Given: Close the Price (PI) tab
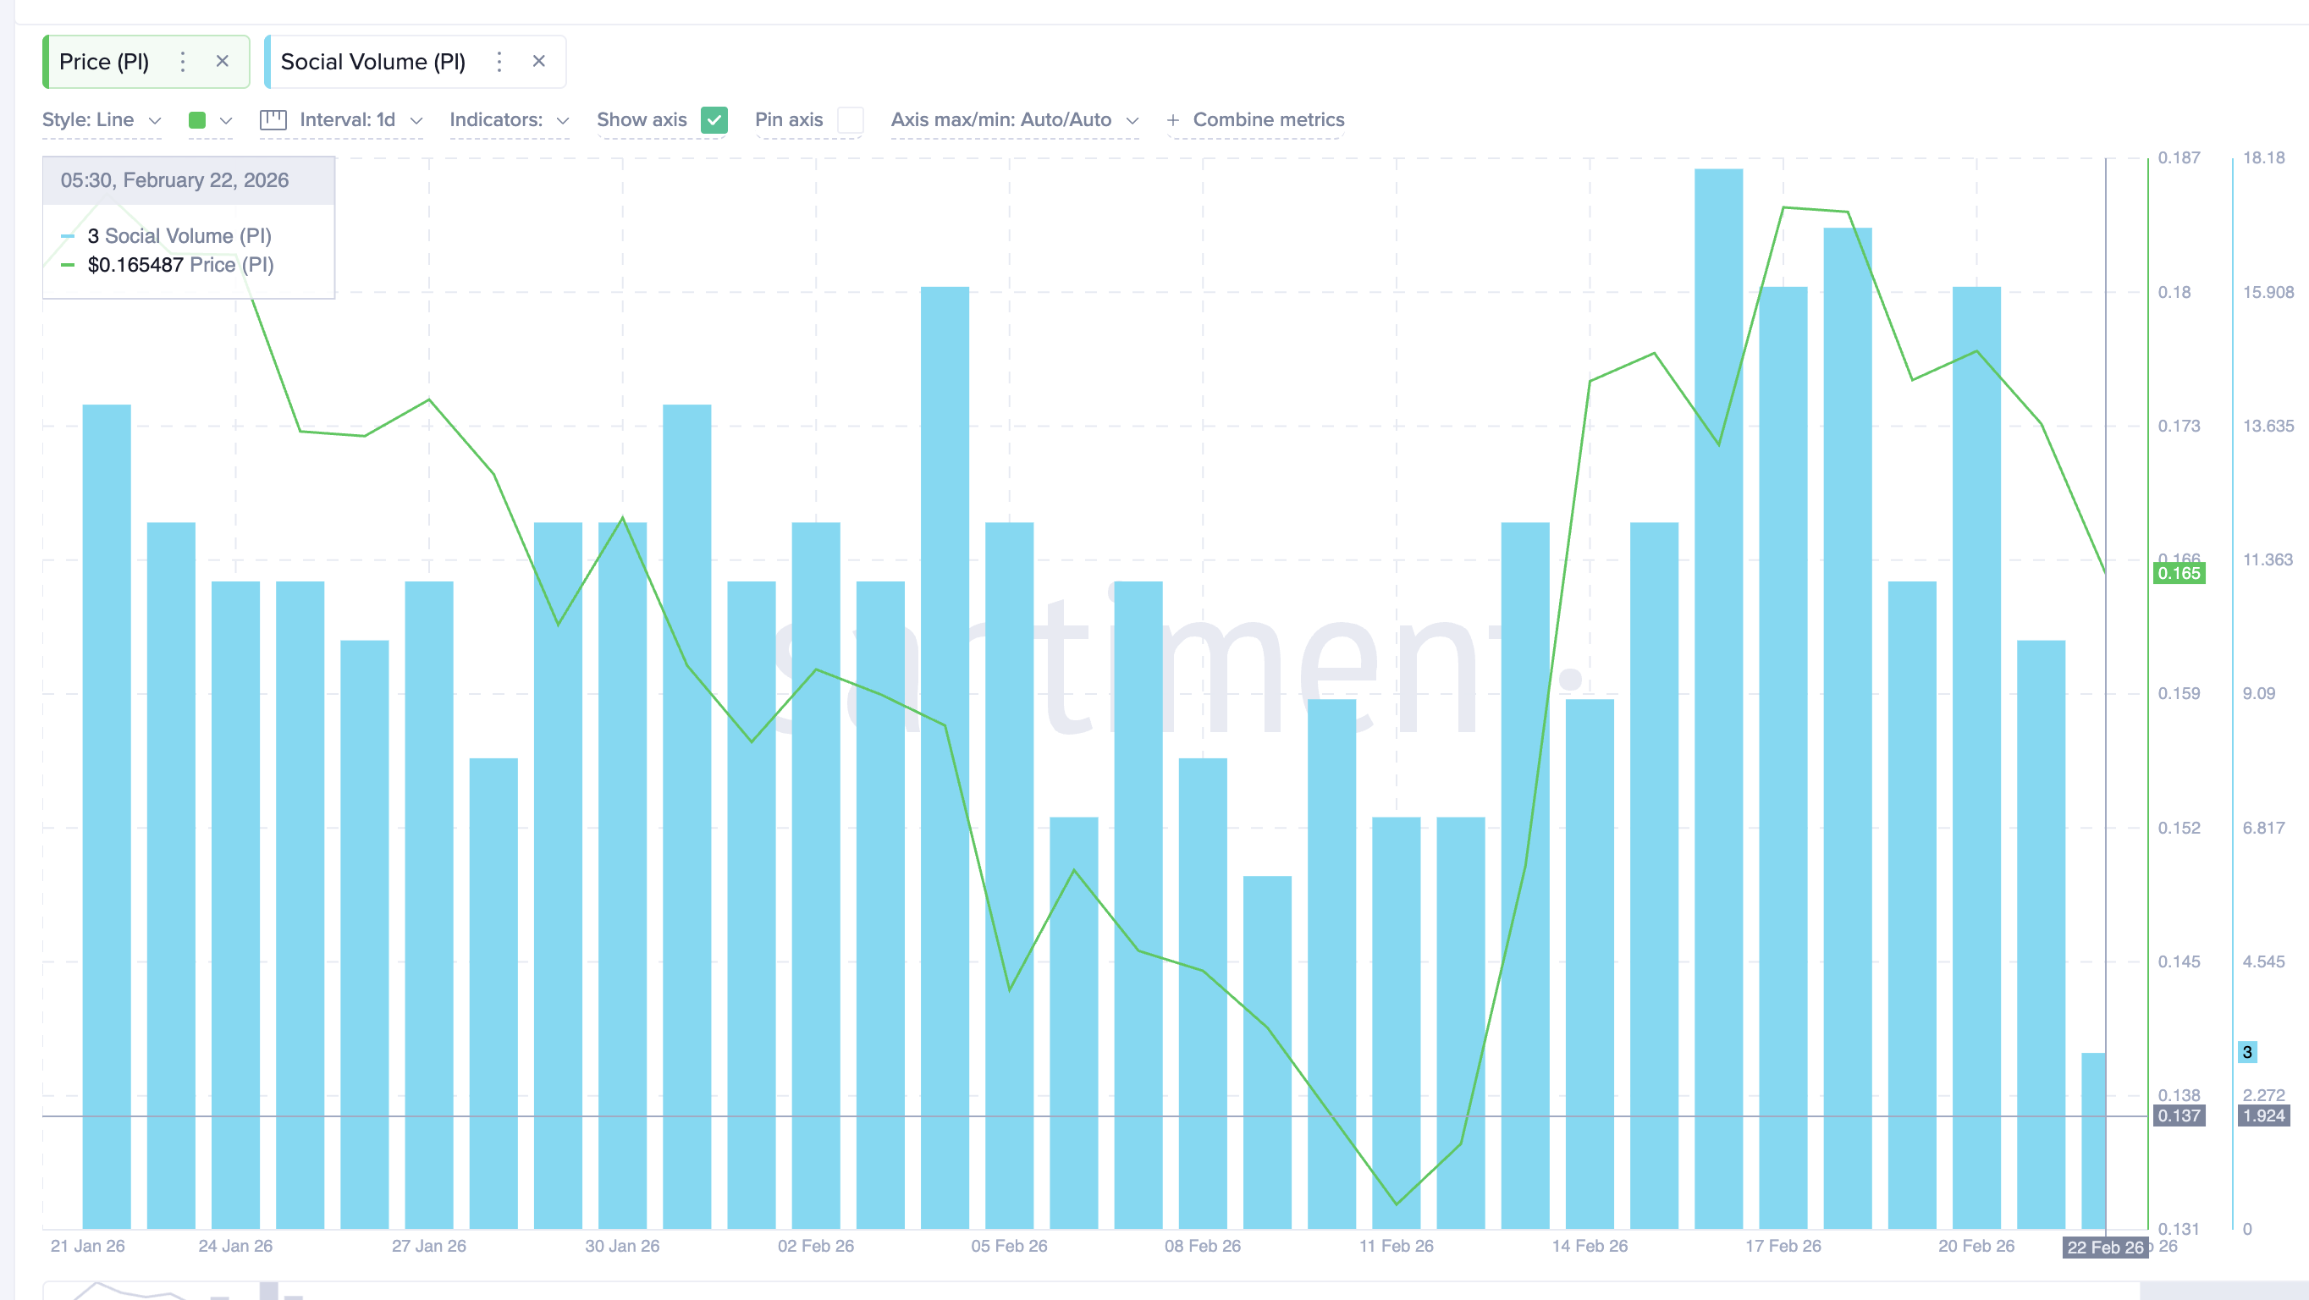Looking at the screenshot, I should coord(223,61).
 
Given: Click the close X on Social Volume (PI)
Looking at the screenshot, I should coord(538,61).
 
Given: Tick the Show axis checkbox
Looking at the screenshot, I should coord(714,120).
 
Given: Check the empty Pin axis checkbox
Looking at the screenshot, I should coord(850,120).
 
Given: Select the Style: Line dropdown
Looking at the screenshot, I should coord(102,120).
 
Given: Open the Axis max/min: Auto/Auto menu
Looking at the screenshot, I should coord(1014,120).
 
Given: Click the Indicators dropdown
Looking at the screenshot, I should coord(508,120).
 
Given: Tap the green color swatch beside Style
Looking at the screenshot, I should coord(197,120).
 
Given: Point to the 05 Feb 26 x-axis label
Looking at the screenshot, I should coord(1009,1246).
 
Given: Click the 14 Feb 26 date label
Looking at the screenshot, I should coord(1590,1246).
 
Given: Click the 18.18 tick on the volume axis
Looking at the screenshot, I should coord(2263,157).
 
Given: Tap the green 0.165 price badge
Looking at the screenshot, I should coord(2178,574).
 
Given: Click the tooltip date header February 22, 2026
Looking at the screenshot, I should coord(175,180).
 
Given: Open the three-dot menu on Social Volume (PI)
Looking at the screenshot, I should coord(499,61).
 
